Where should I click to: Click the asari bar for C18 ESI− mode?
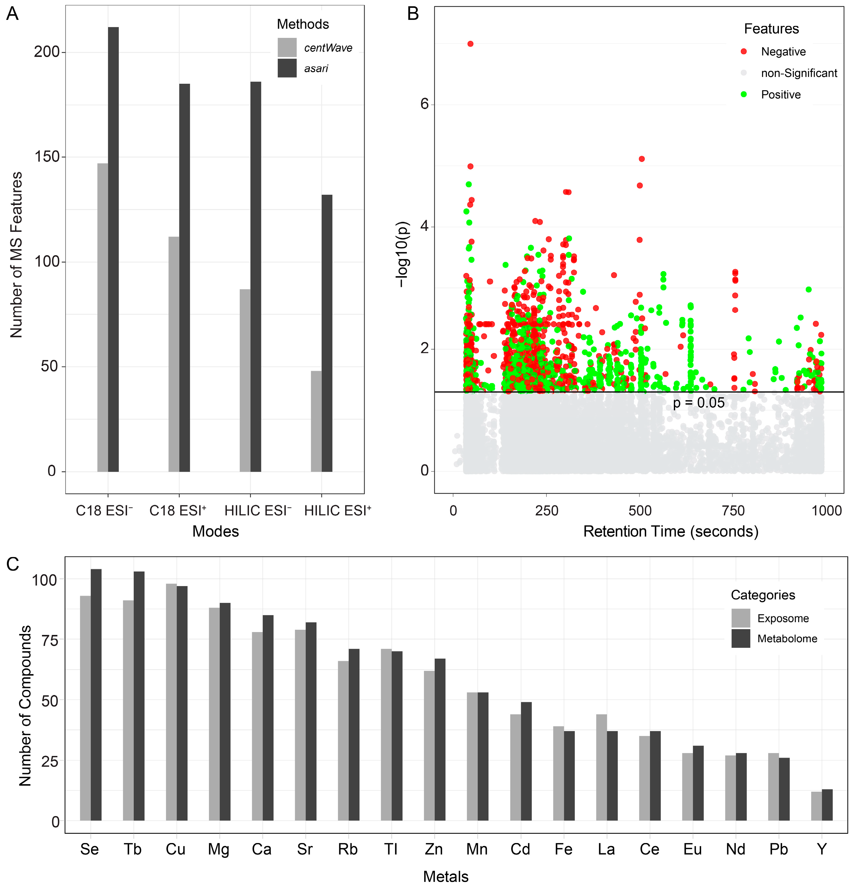click(x=113, y=249)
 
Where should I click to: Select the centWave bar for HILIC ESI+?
click(x=316, y=421)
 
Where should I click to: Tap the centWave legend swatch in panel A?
click(x=287, y=47)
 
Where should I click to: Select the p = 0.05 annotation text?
click(x=699, y=403)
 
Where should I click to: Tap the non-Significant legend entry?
click(x=798, y=73)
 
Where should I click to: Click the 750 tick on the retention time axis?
click(x=733, y=511)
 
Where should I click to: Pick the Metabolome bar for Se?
click(x=96, y=697)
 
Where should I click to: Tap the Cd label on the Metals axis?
click(x=520, y=849)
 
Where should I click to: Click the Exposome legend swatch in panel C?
click(x=741, y=618)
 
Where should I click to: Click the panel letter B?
click(x=413, y=14)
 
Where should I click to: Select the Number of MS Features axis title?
click(x=16, y=254)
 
